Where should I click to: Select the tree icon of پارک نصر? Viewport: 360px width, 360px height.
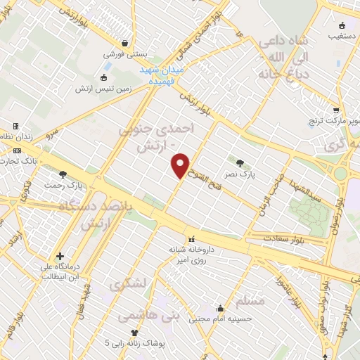(x=240, y=162)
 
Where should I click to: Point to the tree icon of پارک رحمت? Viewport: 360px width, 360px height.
(x=63, y=174)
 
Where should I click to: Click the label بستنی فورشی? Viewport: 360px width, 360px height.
(x=124, y=53)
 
